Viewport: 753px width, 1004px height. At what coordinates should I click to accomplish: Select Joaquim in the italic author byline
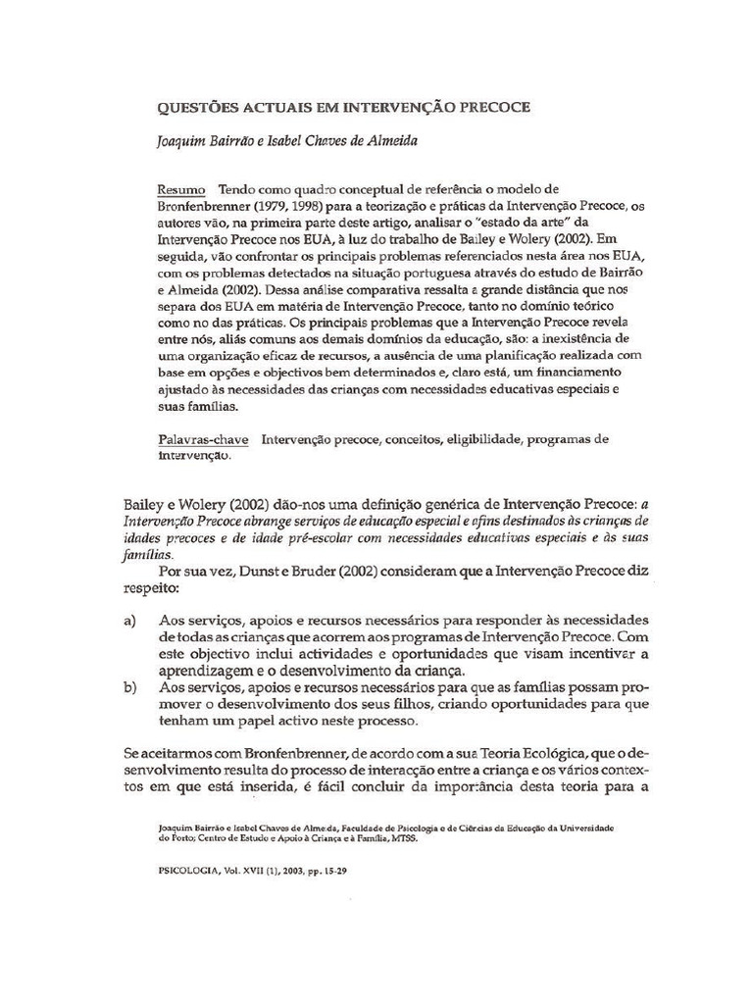tap(187, 140)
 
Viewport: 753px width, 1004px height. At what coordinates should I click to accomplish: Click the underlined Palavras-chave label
tap(203, 439)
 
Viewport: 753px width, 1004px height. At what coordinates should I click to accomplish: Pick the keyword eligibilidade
tap(476, 439)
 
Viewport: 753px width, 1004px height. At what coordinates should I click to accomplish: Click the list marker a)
tap(130, 622)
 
